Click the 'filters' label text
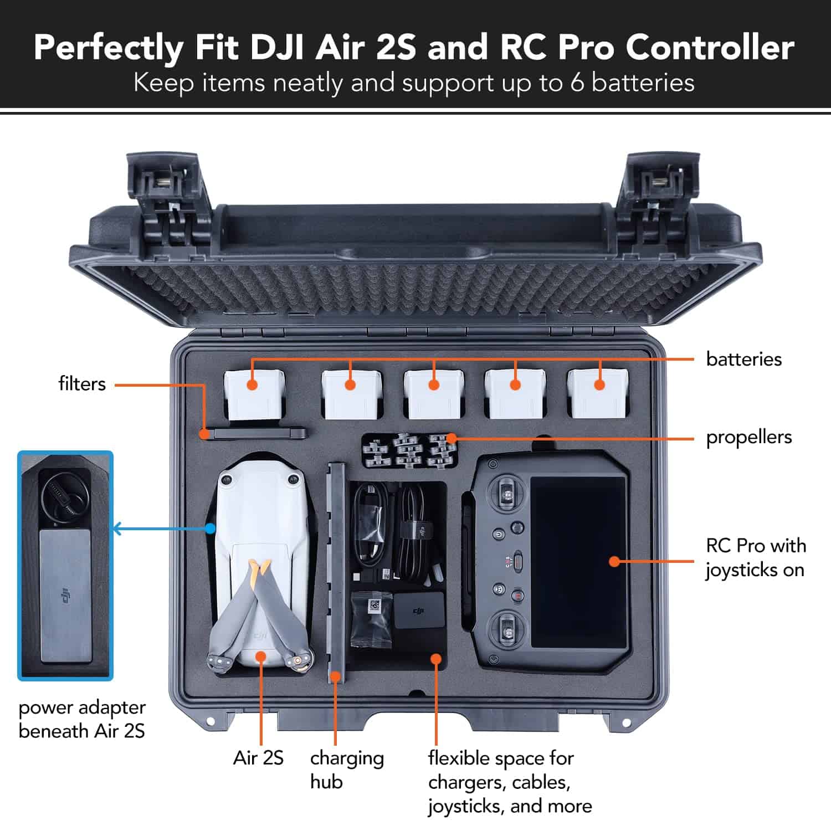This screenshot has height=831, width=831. coord(82,383)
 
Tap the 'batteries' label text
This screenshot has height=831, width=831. coord(743,359)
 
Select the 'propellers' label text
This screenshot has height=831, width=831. coord(748,437)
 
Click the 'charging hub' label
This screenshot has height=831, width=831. coord(346,769)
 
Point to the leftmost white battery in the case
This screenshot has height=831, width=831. coord(254,394)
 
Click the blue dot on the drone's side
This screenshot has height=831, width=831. coord(210,529)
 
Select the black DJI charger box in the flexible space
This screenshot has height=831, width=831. coord(419,610)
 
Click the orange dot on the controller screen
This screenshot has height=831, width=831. coord(614,561)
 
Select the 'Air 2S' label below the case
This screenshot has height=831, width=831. coord(258,757)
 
